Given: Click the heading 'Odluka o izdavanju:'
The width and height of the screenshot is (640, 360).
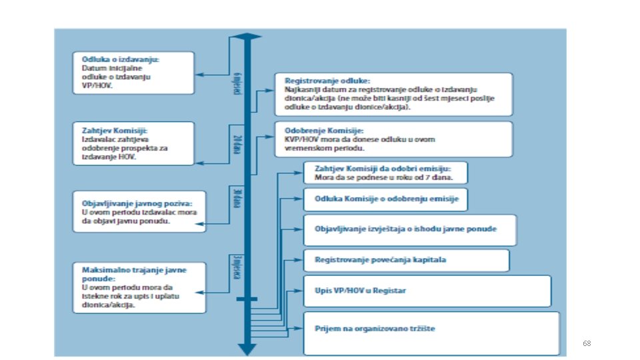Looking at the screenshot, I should coord(120,59).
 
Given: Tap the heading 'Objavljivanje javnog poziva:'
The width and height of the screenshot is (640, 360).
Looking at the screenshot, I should coord(137,203).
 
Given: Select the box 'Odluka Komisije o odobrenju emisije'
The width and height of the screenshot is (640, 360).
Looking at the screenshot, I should coord(386,199).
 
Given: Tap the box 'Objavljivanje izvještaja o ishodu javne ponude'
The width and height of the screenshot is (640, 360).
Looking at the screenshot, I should coord(409,229).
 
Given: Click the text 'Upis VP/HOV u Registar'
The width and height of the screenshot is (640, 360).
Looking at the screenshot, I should coord(360,291).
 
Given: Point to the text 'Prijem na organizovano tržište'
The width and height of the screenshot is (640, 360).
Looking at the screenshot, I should coord(375,328).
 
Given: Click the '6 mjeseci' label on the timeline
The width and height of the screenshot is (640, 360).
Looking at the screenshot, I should coord(236,82).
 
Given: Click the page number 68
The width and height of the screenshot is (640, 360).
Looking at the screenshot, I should coord(586,343).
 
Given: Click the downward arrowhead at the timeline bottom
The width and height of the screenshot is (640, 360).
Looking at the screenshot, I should coord(247,349).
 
